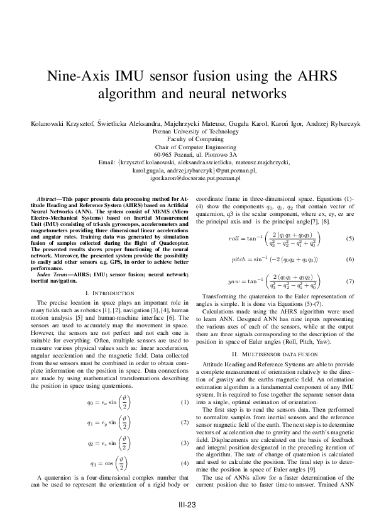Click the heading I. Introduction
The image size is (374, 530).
click(109, 293)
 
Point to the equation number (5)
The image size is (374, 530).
click(350, 239)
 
